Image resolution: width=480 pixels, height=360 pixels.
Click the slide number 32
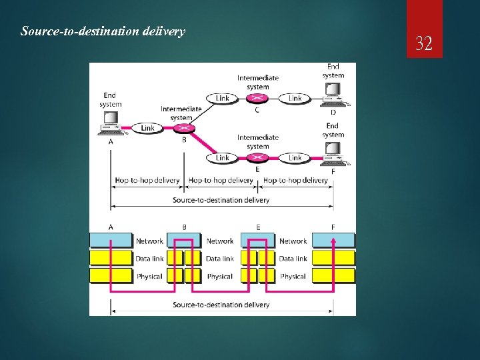pos(424,45)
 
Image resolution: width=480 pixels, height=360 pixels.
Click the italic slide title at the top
pos(103,31)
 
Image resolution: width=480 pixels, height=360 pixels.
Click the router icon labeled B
pos(185,127)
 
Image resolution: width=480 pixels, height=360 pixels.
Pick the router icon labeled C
pos(257,98)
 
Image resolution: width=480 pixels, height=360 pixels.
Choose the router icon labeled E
pos(257,158)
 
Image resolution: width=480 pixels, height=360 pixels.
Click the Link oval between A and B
pos(147,127)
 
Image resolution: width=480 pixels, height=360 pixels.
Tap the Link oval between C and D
pos(295,98)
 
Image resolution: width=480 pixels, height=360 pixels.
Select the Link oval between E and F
pos(295,158)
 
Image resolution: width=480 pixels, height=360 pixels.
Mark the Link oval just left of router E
pos(223,158)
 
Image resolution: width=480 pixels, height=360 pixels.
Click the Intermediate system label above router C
pos(257,82)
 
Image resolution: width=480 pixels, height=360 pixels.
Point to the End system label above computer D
pos(333,71)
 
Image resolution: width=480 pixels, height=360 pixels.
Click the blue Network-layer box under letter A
pos(111,241)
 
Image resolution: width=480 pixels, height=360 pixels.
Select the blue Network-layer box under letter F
pos(333,241)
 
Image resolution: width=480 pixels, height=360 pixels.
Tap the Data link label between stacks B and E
pos(220,259)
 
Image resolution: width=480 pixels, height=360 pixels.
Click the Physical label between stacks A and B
pos(149,276)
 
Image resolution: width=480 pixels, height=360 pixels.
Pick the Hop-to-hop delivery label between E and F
pos(295,180)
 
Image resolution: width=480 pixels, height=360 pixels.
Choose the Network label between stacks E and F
pos(293,241)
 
